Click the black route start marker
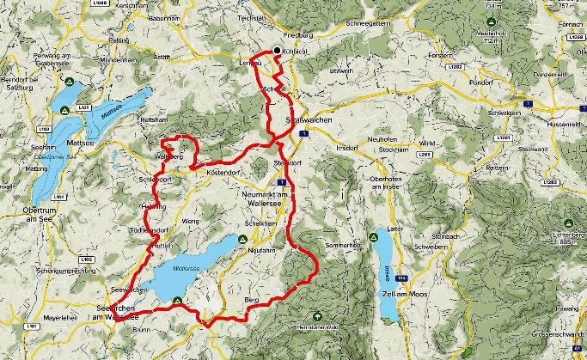tap(277, 51)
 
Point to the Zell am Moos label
tap(400, 294)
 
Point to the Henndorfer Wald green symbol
tap(320, 314)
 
